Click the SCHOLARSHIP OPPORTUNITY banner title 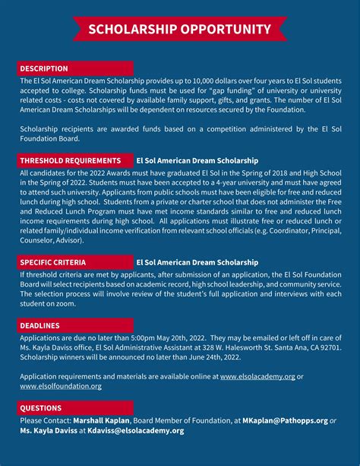click(179, 30)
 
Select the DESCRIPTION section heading click(44, 68)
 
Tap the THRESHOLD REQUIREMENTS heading click(71, 161)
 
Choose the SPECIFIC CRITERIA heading click(53, 262)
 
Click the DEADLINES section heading click(40, 325)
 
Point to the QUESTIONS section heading click(41, 408)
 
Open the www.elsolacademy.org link click(257, 376)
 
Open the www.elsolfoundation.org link click(61, 386)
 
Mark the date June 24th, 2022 click(218, 357)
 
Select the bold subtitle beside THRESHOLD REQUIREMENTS click(197, 161)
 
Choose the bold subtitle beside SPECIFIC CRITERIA click(197, 262)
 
